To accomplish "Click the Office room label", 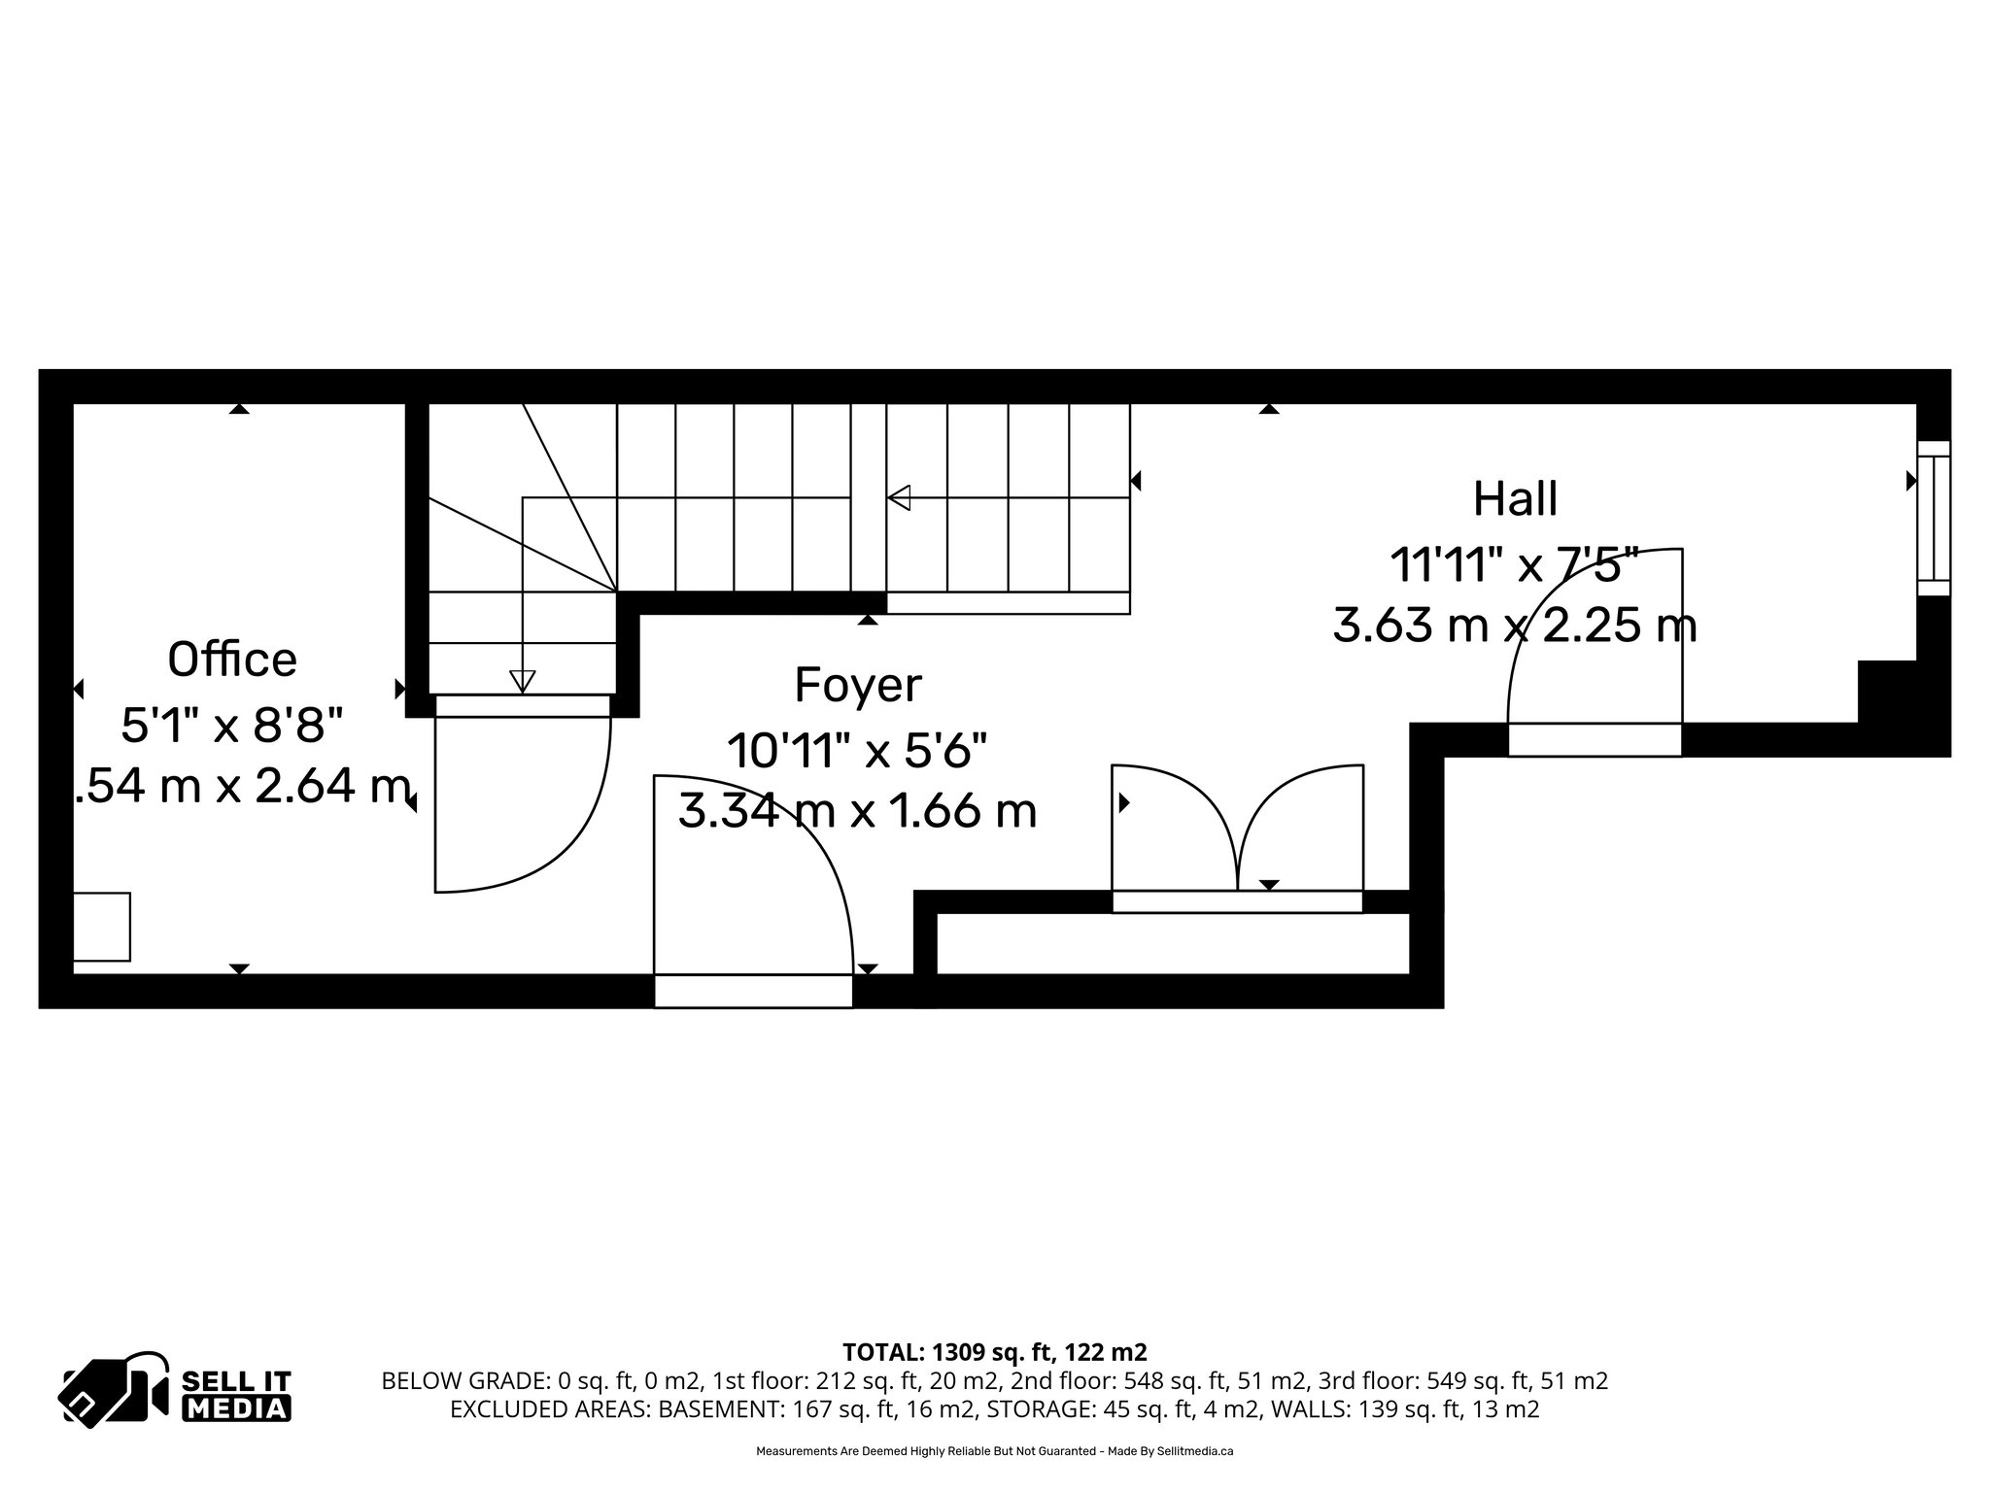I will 232,661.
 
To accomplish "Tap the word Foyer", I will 857,686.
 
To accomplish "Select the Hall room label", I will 1515,499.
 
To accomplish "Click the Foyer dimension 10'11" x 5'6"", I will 857,750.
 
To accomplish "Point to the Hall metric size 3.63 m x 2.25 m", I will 1515,626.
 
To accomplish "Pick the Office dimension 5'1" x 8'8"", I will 232,725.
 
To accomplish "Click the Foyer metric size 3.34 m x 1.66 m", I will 857,811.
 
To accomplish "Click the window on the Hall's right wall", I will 1933,518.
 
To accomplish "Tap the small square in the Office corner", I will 102,927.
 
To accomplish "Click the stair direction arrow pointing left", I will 900,497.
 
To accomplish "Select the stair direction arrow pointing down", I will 523,681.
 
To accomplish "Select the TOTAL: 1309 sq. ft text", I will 994,1352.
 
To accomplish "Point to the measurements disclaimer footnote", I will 994,1451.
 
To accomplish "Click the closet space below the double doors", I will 1172,944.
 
